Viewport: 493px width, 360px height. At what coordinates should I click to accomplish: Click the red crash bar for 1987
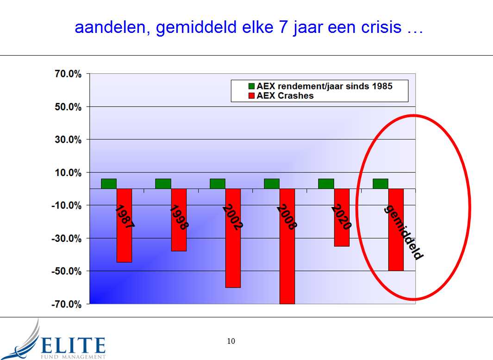(124, 225)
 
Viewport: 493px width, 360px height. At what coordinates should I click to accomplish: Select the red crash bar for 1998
(179, 220)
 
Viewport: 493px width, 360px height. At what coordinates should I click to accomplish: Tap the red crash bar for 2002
(233, 238)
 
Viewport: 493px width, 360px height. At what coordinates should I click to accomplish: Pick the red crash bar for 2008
(287, 246)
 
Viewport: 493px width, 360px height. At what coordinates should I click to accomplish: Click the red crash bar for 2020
(342, 217)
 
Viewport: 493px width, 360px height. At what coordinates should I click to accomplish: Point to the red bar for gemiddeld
(396, 230)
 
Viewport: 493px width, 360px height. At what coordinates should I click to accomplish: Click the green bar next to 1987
(109, 184)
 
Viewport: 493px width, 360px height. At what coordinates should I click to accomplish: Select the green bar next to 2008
(272, 184)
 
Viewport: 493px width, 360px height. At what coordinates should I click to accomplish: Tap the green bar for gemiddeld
(381, 184)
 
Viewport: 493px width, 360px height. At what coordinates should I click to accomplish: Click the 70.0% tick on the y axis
(68, 74)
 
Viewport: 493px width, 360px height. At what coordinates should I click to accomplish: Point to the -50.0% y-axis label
(66, 271)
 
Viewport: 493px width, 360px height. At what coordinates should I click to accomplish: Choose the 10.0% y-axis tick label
(68, 172)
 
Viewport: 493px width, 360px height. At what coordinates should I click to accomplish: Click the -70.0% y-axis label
(66, 304)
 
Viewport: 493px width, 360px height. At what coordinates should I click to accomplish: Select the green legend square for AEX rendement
(251, 86)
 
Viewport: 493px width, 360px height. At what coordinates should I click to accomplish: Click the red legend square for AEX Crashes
(251, 95)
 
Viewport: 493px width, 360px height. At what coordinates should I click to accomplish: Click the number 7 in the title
(283, 27)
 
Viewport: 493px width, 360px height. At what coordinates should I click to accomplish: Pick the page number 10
(231, 341)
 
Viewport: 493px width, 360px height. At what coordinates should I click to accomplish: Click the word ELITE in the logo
(73, 346)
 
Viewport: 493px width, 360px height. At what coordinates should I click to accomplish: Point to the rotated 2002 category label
(233, 217)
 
